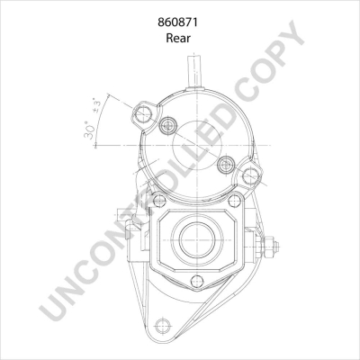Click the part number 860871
pyautogui.click(x=180, y=21)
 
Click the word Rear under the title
pyautogui.click(x=180, y=40)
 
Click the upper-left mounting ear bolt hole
pyautogui.click(x=140, y=114)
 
